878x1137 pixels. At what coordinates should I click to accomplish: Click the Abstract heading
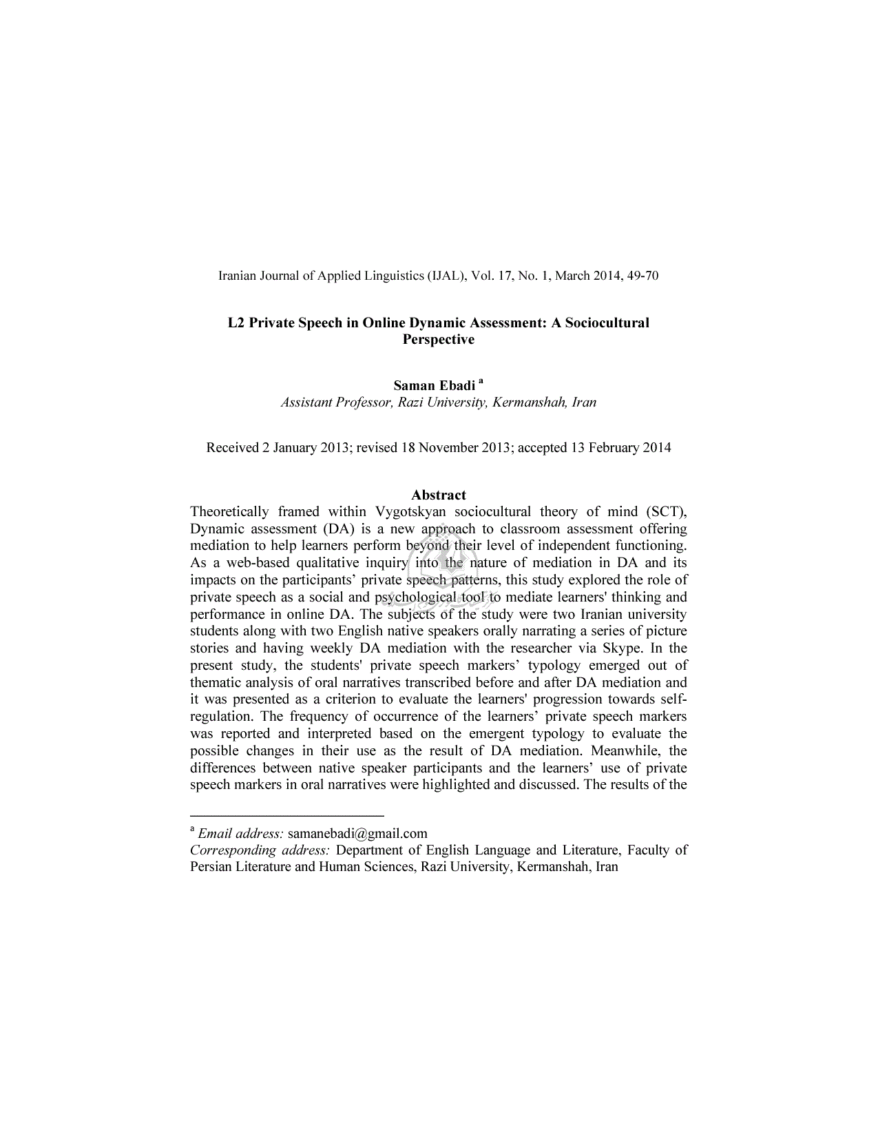pos(438,495)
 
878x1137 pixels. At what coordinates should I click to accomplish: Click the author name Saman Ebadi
pos(434,385)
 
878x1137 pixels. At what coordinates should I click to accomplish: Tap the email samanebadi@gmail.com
pos(357,833)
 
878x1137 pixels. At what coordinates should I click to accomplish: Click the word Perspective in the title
pos(438,340)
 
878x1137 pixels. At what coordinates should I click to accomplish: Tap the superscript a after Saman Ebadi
pos(481,381)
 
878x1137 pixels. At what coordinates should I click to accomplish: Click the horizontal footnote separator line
pos(286,815)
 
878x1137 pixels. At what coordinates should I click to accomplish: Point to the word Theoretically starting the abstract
pos(229,511)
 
